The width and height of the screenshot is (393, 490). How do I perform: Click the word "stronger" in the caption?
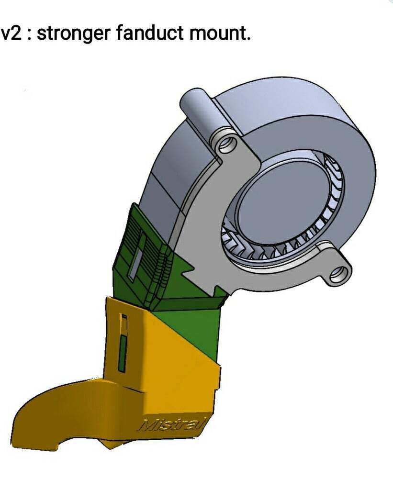(x=71, y=33)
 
